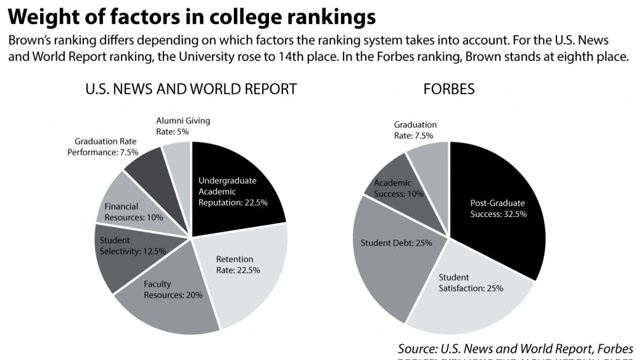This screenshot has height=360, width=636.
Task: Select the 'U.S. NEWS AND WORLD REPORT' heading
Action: point(191,88)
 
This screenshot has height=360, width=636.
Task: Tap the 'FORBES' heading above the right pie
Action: point(449,88)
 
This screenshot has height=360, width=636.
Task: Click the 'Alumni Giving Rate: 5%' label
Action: point(183,126)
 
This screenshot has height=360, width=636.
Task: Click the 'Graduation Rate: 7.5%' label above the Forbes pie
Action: point(415,130)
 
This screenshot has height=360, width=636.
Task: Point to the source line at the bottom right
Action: point(515,349)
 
